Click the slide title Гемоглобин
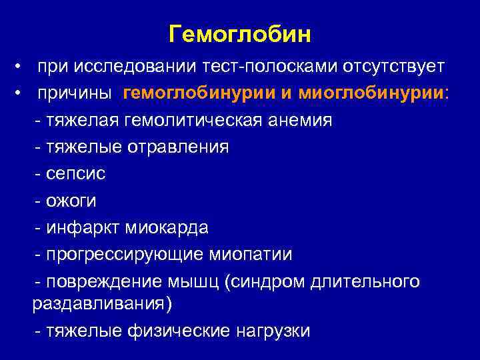coord(240,33)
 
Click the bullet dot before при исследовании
coord(22,68)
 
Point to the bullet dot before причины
coord(22,95)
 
